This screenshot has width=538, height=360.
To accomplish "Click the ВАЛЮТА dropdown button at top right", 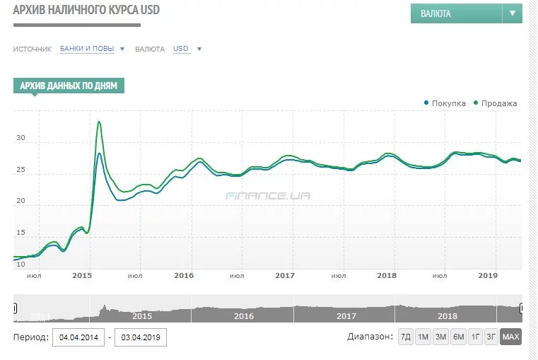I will click(x=466, y=13).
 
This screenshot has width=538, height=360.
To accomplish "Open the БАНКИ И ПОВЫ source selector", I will click(x=92, y=49).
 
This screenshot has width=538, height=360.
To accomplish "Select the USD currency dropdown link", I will click(x=187, y=49).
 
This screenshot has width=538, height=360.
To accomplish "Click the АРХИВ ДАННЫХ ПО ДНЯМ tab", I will click(x=69, y=86).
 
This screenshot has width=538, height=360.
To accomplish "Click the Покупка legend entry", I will click(x=445, y=103).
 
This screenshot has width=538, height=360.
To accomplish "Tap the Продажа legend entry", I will click(x=495, y=103).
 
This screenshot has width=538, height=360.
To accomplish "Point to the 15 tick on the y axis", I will click(x=21, y=233).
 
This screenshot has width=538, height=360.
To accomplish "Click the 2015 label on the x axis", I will click(x=82, y=275).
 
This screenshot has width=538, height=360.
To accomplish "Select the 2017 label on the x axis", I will click(x=285, y=275).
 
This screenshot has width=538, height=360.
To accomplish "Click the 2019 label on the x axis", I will click(x=488, y=275).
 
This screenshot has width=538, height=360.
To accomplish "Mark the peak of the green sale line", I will click(x=99, y=122).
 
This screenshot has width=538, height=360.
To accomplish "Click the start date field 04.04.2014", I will click(x=78, y=337).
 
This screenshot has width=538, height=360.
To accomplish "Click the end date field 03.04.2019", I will click(x=141, y=337).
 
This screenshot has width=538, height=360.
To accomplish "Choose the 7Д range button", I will click(x=406, y=337).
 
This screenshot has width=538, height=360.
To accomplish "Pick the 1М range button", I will click(x=423, y=337).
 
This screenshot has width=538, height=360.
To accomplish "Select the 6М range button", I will click(x=458, y=337).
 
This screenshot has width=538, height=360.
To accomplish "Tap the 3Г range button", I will click(x=491, y=337).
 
